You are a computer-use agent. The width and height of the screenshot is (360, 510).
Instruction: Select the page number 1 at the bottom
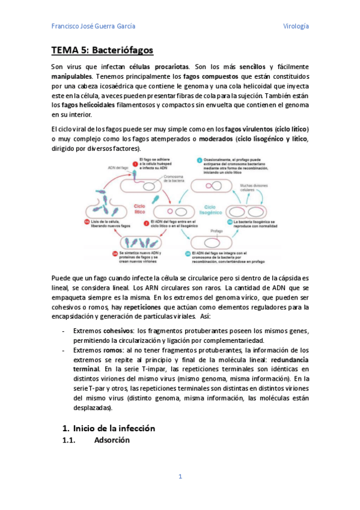(x=180, y=476)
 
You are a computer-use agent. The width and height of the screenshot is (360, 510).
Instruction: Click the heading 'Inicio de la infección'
(x=114, y=428)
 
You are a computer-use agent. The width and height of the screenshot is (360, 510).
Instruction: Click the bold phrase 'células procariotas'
(x=165, y=66)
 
